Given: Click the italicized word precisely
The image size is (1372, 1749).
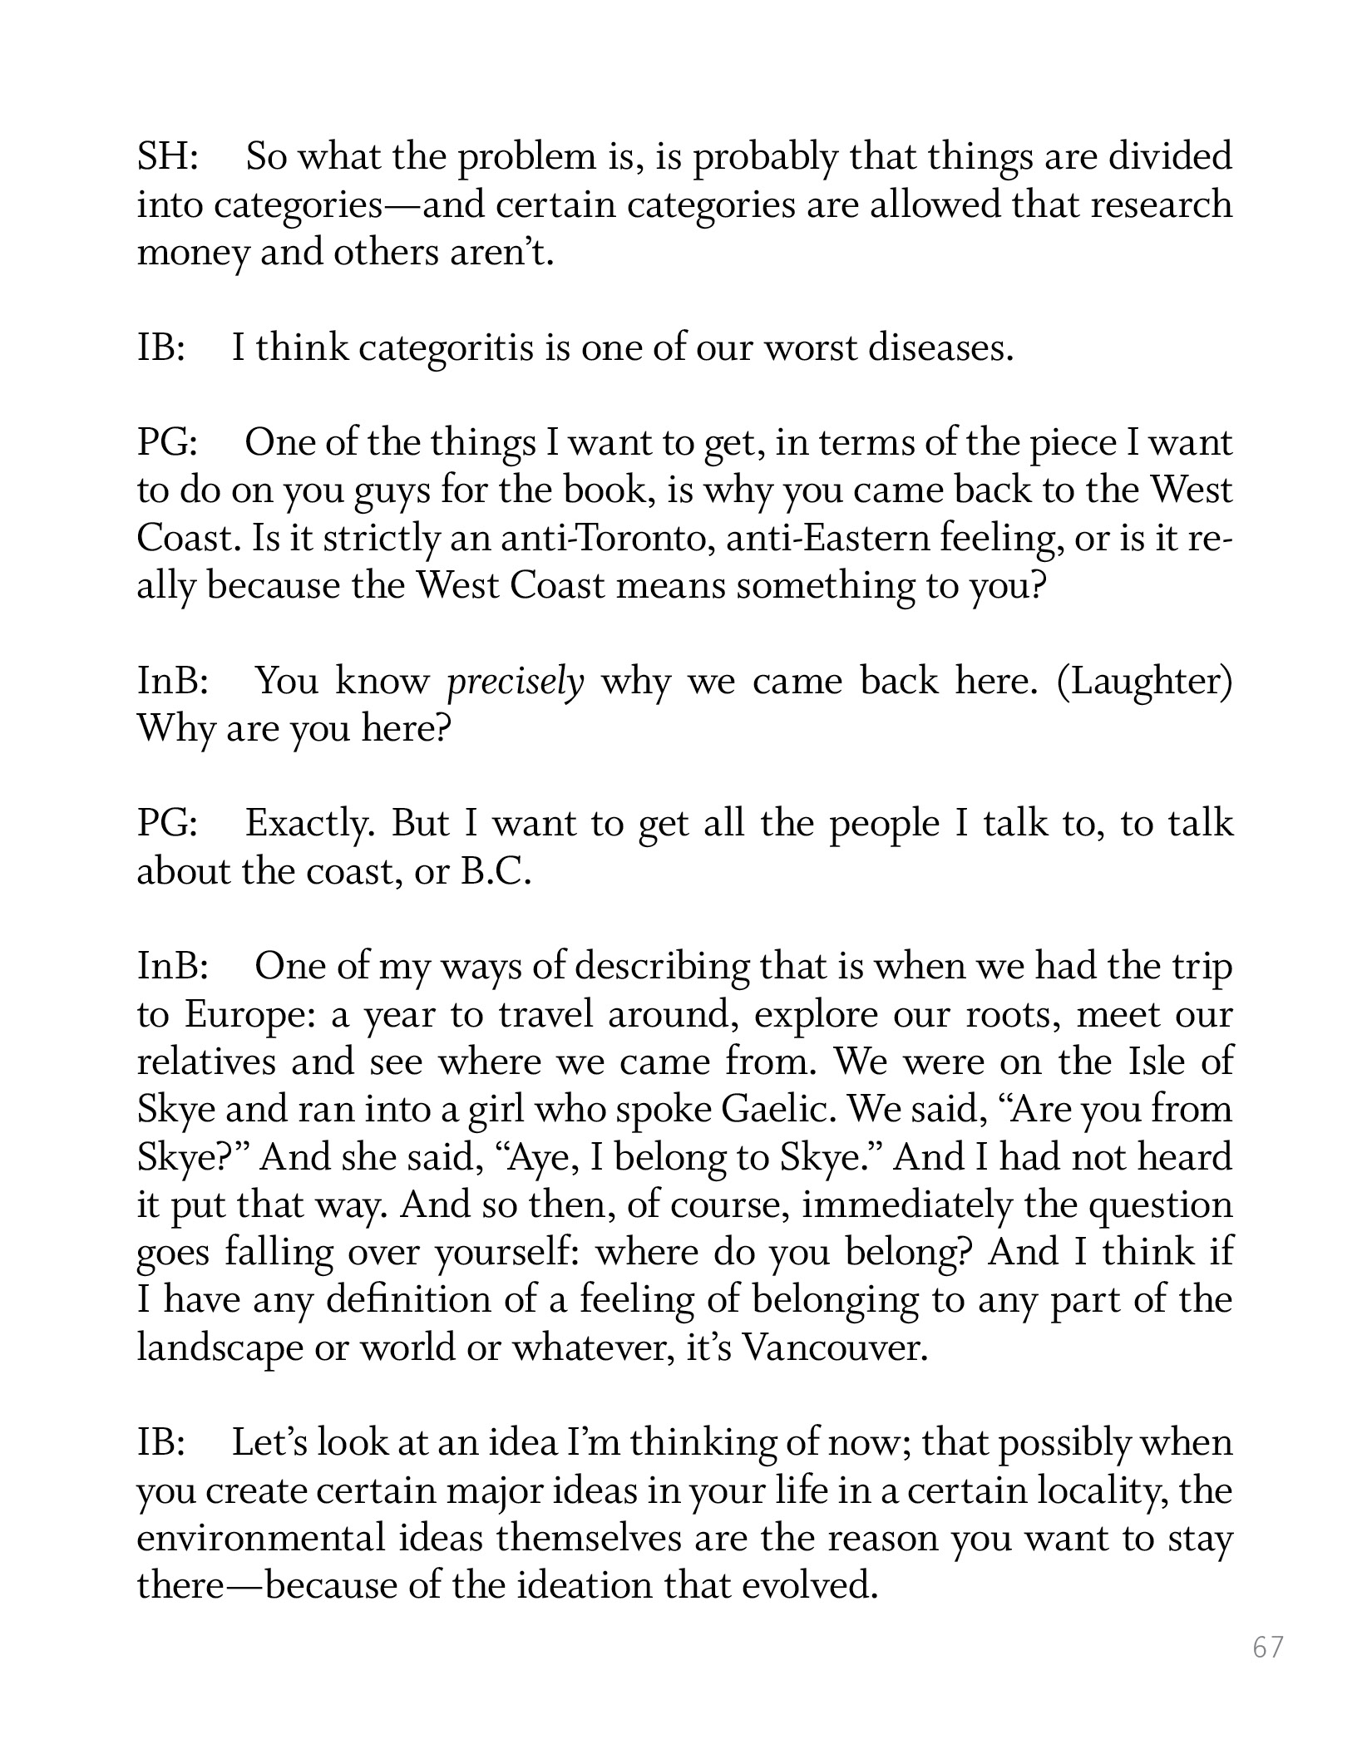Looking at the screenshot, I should pyautogui.click(x=516, y=682).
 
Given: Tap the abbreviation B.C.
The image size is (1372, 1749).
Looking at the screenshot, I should pyautogui.click(x=496, y=872).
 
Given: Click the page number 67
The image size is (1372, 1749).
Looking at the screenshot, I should pyautogui.click(x=1268, y=1648).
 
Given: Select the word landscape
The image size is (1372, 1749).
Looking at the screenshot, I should pyautogui.click(x=219, y=1347).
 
